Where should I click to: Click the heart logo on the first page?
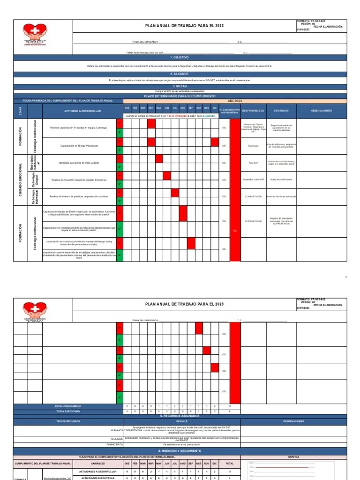35,35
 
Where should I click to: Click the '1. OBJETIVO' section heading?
180,57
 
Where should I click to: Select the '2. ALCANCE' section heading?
180,74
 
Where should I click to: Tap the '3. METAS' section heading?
180,86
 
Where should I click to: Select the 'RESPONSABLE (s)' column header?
254,111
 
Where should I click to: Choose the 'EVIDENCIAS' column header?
281,111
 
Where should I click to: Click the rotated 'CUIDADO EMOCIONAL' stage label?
21,180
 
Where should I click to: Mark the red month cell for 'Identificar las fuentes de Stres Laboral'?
159,158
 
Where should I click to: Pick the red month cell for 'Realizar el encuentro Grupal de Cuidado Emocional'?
167,176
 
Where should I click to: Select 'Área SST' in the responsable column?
254,162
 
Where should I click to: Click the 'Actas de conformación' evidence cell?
281,180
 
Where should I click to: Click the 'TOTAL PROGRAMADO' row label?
68,406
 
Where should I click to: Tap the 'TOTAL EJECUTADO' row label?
68,411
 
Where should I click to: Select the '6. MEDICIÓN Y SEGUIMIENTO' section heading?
180,451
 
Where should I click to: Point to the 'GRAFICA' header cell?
294,457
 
